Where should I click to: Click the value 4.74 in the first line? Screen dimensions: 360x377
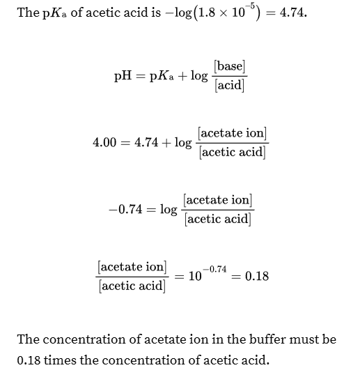(x=293, y=13)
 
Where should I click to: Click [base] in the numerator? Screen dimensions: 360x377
(x=230, y=67)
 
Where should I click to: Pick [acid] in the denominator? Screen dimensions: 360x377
(x=230, y=85)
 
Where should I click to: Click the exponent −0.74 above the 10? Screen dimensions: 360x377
(x=217, y=268)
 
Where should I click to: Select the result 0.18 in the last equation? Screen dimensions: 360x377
(x=256, y=276)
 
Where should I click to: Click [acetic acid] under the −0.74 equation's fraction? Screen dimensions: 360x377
(x=218, y=219)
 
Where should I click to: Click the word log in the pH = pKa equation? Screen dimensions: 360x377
(x=198, y=75)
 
